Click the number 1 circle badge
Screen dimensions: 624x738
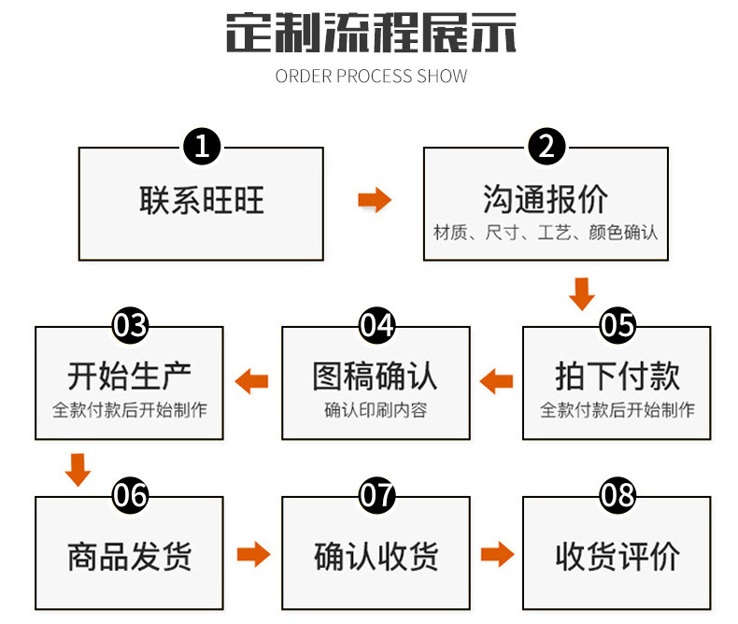(x=202, y=147)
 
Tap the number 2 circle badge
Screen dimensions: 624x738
(x=547, y=147)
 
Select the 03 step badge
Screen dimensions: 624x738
(x=130, y=325)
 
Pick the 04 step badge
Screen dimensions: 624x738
(x=377, y=325)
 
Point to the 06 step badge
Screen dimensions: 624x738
(x=130, y=495)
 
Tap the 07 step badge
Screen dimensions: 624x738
(x=377, y=495)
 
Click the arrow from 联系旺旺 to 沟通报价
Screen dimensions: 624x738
(x=375, y=200)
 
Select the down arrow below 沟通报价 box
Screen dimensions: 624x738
(x=582, y=292)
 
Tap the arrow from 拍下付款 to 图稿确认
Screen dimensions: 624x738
(x=496, y=380)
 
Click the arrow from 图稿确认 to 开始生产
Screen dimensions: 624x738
(x=251, y=380)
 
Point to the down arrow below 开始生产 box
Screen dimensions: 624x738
(x=78, y=469)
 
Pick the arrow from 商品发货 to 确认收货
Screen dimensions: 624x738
(x=253, y=555)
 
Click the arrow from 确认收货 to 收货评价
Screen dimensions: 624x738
(x=497, y=555)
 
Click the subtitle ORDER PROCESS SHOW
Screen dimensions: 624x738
(x=371, y=76)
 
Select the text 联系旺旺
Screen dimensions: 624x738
(x=202, y=200)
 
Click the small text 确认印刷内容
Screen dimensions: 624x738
(x=376, y=410)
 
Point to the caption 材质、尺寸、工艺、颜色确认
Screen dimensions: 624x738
(x=546, y=232)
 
